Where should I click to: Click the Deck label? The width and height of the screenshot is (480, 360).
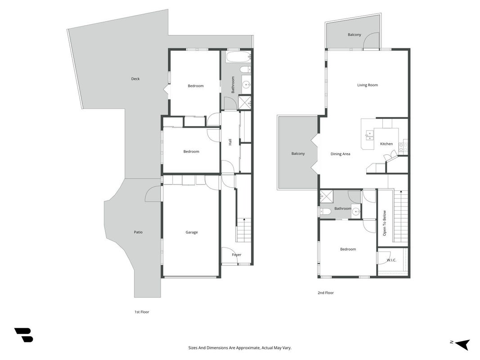coord(135,79)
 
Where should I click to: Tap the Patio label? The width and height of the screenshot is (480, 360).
coord(138,232)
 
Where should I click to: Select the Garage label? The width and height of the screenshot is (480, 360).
coord(192,232)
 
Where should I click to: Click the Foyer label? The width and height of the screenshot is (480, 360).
coord(237,255)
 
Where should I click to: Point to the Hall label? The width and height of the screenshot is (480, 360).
coord(230,142)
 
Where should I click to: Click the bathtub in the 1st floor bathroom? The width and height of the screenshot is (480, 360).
coord(238,57)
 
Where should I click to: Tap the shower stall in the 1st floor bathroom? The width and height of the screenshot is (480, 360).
coord(245,103)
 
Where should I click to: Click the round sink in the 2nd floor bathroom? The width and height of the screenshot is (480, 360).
coord(356,211)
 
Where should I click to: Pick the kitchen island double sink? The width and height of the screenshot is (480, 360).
coord(369,135)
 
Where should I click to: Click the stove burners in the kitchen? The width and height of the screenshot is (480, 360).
coord(403,147)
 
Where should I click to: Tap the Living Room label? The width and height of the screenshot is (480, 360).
coord(368,85)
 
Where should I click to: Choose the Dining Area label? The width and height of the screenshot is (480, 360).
coord(340,154)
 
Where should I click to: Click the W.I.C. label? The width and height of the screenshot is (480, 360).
coord(391,260)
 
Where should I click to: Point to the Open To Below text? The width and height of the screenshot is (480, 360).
coord(385,223)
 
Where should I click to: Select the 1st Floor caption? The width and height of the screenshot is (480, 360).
coord(142,312)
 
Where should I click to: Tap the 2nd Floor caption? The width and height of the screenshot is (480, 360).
coord(326,292)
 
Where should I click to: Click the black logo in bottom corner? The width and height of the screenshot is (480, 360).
coord(24,335)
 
